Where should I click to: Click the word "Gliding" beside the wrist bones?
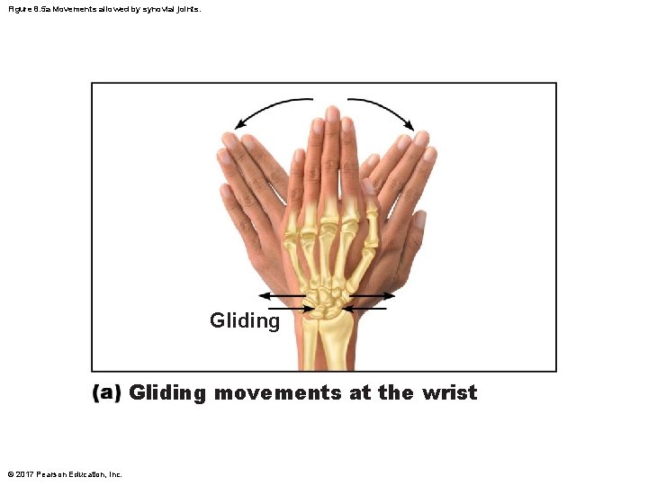point(245,320)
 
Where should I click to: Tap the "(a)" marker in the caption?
point(107,393)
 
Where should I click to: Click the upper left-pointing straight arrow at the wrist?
point(281,296)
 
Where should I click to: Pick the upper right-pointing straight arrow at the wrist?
point(371,296)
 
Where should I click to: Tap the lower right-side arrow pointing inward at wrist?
point(364,309)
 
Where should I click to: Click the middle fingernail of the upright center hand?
point(332,114)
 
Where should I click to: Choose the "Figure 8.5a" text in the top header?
point(26,9)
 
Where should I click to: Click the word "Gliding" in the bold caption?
point(167,393)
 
